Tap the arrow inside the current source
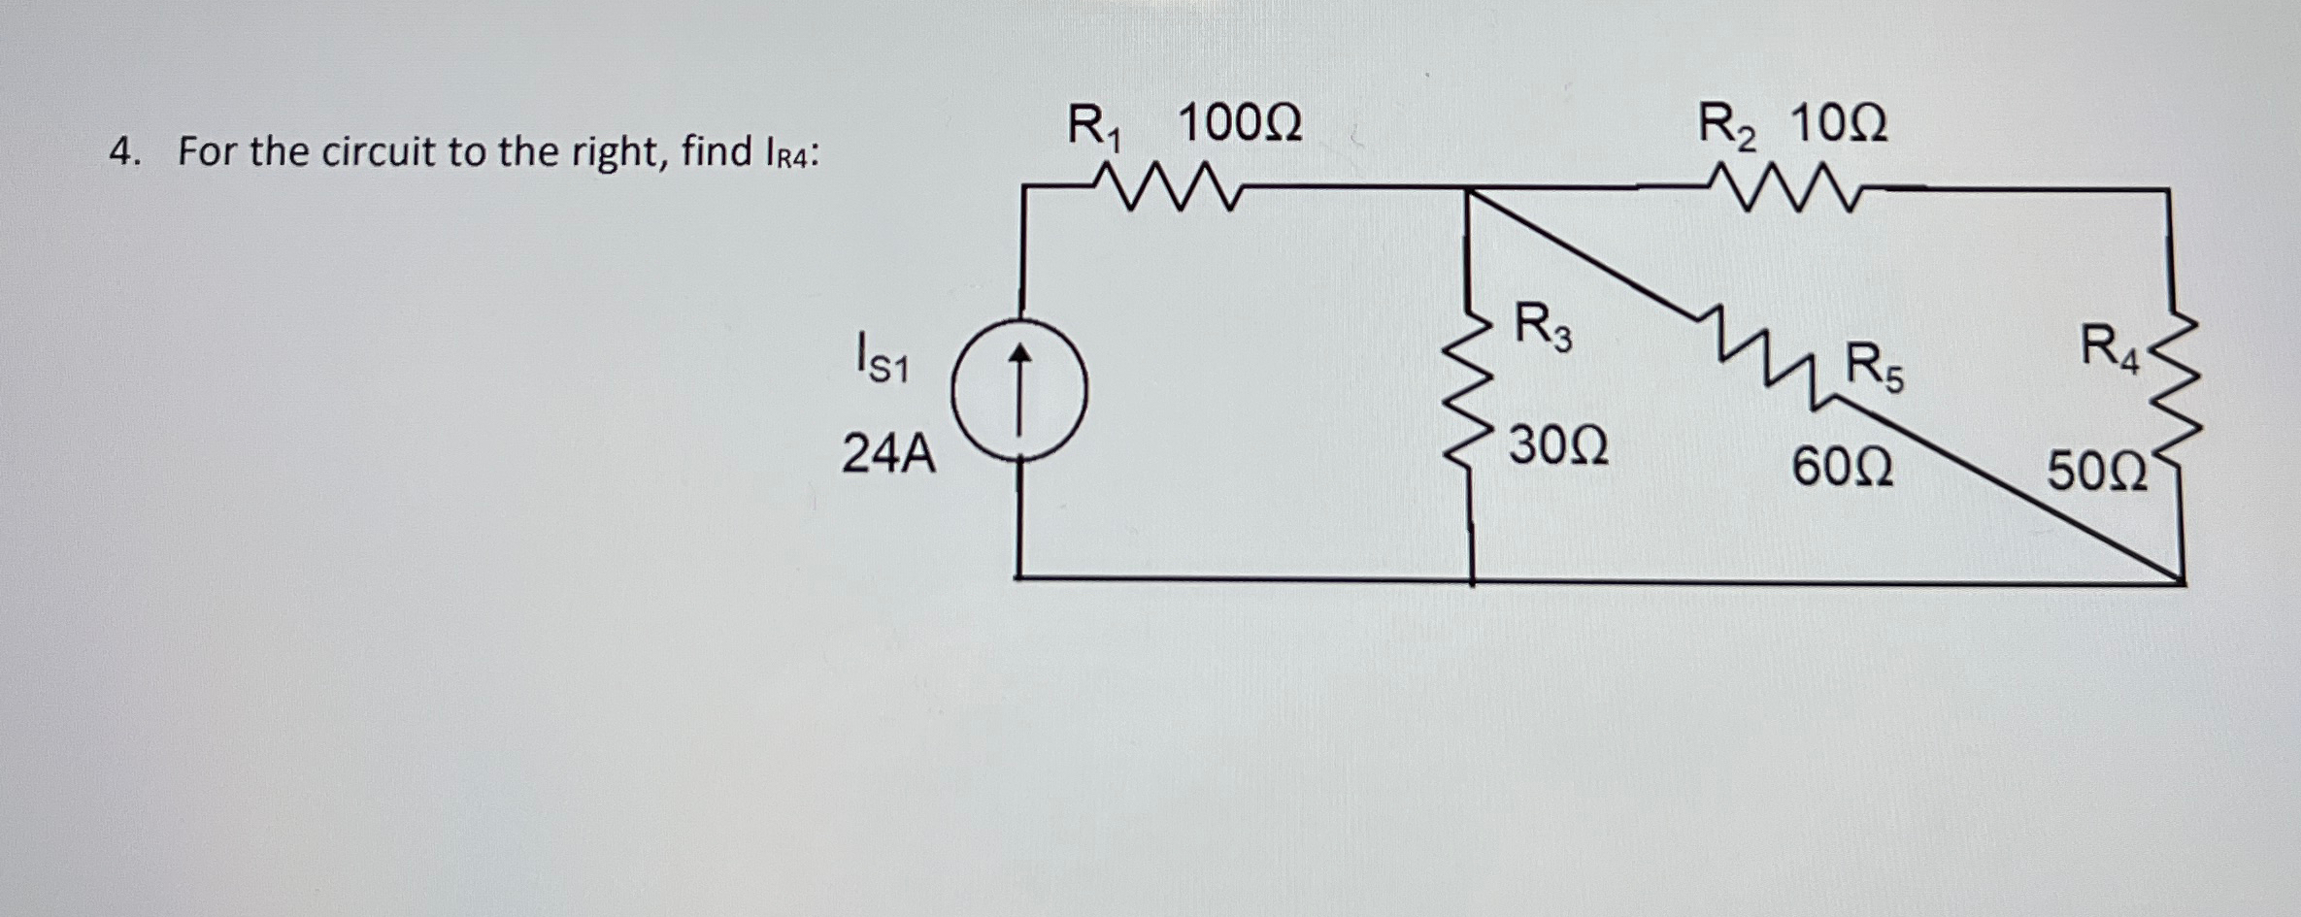click(x=1018, y=388)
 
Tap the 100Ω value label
click(x=1240, y=124)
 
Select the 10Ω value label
click(x=1838, y=124)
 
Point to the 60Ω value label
click(x=1842, y=467)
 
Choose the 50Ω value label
click(x=2097, y=473)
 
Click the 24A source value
click(x=888, y=454)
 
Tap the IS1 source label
click(x=881, y=358)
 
